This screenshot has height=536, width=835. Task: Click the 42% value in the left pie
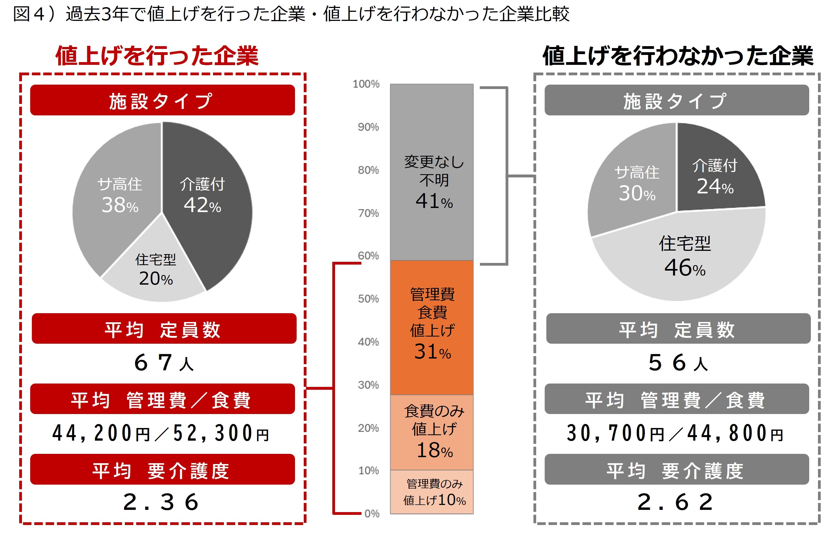[x=202, y=205]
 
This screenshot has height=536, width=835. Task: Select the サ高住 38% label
[x=120, y=195]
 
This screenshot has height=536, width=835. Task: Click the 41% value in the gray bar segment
[x=434, y=201]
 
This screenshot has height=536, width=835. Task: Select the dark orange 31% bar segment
[x=432, y=327]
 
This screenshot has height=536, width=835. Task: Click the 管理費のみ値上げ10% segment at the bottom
[x=432, y=492]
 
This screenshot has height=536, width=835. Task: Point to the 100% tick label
[x=366, y=84]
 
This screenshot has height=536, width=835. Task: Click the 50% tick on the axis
[x=368, y=299]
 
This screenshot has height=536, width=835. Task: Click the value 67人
[x=163, y=363]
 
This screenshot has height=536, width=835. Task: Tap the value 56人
[x=677, y=363]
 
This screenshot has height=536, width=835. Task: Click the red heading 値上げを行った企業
[x=157, y=56]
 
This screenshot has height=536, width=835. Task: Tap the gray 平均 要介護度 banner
[x=676, y=470]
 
